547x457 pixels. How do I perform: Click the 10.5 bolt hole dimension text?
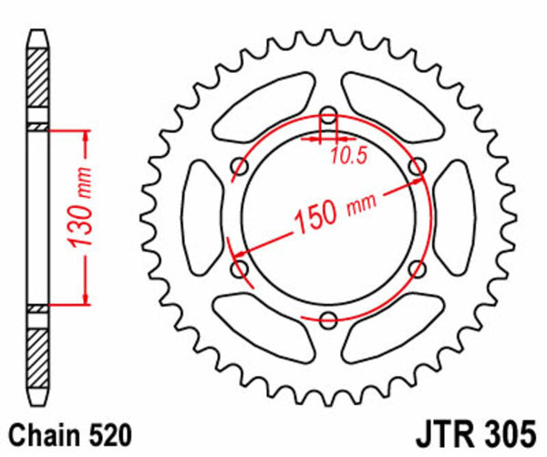tap(347, 156)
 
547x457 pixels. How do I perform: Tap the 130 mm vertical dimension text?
tap(79, 215)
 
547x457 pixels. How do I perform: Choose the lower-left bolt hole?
tap(241, 269)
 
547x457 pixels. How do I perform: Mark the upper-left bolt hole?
tap(241, 167)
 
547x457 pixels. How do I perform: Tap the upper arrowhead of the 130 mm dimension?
tap(86, 137)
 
